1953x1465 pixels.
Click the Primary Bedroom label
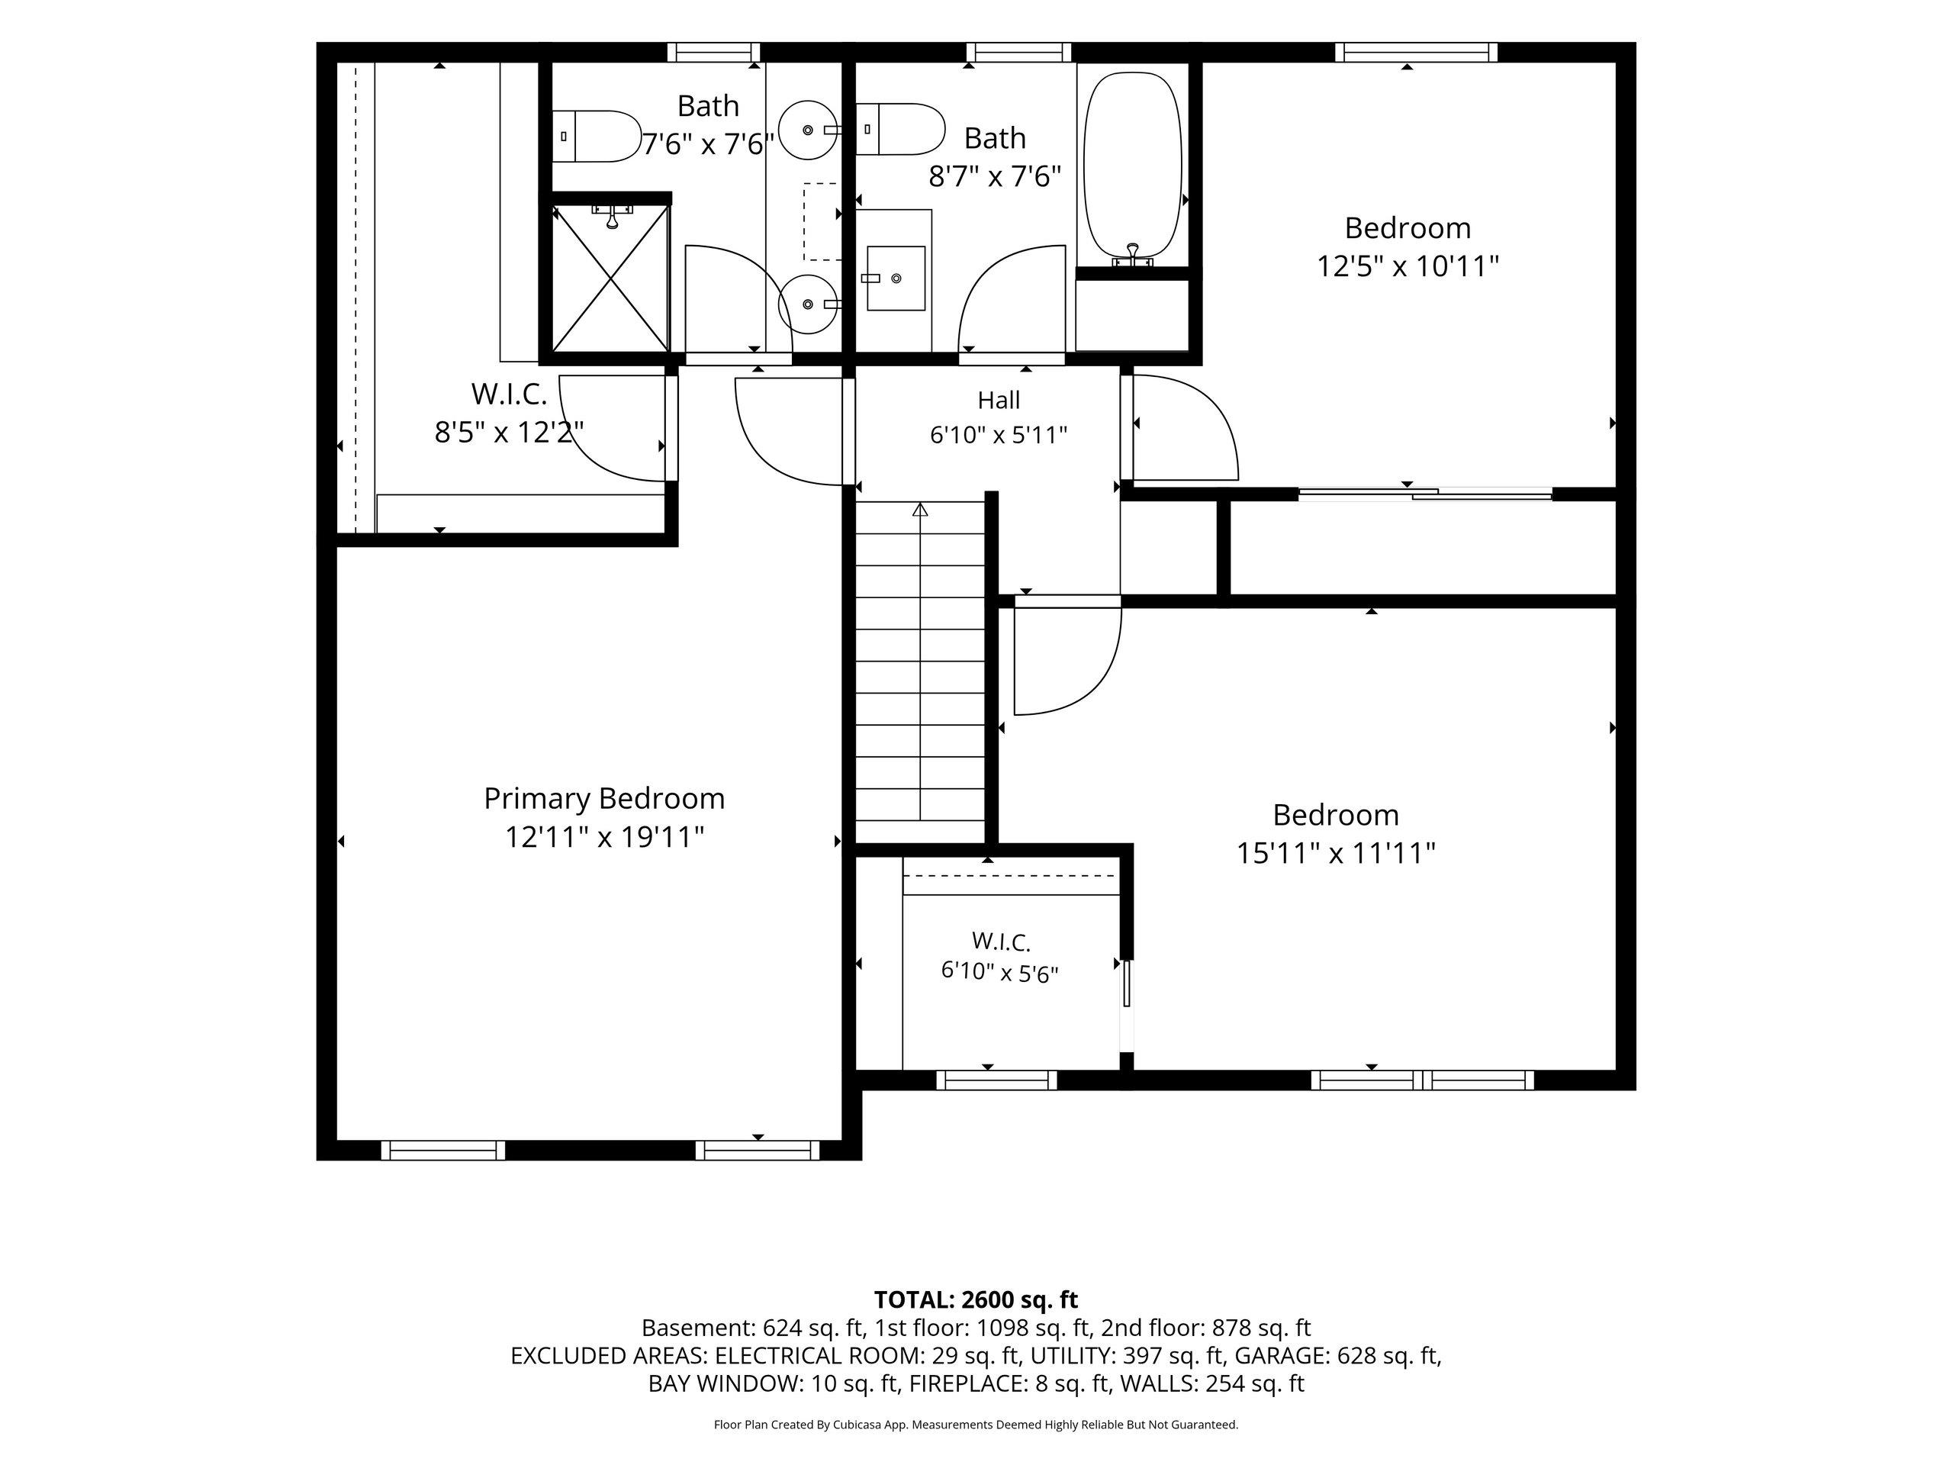tap(604, 798)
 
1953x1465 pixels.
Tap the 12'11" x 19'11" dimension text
tap(604, 836)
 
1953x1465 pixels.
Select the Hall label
tap(999, 400)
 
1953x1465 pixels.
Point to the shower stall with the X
tap(610, 276)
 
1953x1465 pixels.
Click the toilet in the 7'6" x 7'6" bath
tap(596, 136)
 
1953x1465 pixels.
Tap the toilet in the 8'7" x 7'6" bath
tap(899, 130)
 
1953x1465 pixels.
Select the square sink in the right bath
tap(896, 279)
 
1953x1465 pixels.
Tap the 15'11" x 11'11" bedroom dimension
tap(1335, 853)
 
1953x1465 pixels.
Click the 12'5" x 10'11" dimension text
tap(1408, 266)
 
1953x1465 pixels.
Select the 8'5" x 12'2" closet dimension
tap(509, 432)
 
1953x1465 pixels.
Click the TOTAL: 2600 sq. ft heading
tap(976, 1299)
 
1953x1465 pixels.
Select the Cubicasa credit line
tap(976, 1425)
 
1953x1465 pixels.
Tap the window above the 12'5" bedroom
tap(1415, 52)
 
